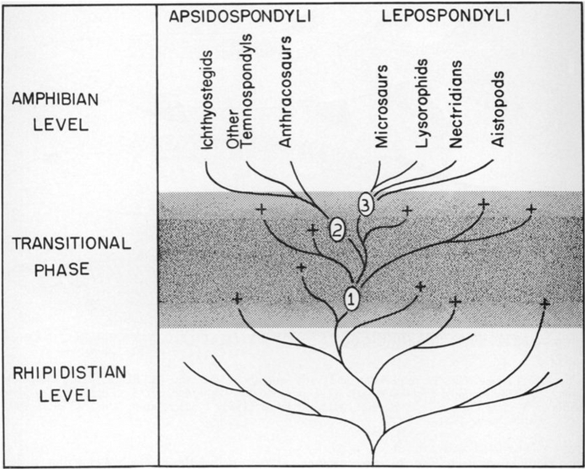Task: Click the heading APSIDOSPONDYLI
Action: tap(240, 17)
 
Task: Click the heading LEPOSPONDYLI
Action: tap(445, 17)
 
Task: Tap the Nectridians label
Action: tap(456, 104)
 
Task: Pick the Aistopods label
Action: tap(498, 108)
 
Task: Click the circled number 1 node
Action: tap(352, 299)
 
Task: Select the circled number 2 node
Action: tap(337, 229)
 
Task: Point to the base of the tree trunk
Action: tap(373, 459)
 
